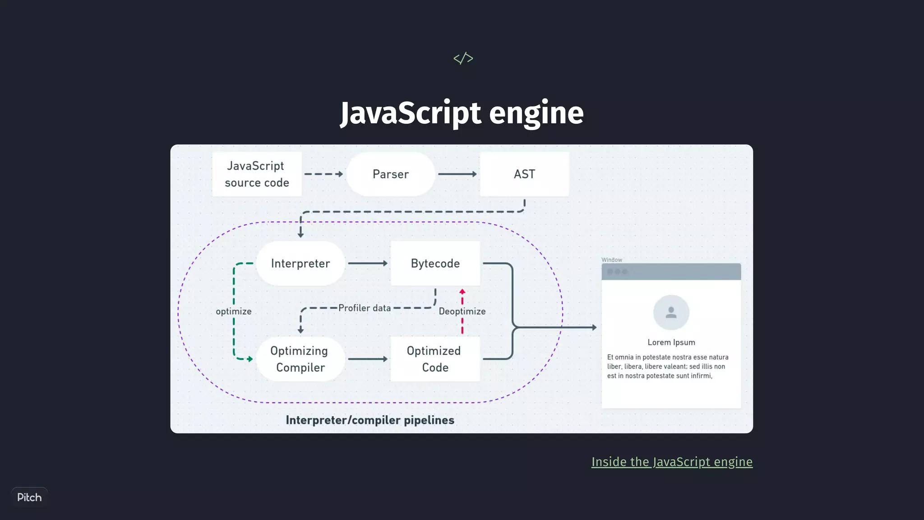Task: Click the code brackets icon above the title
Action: (463, 58)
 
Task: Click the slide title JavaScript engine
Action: (462, 113)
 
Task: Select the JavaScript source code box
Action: (257, 174)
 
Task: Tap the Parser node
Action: (390, 174)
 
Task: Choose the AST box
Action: (524, 174)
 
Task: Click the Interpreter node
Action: (300, 263)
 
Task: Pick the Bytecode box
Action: (435, 263)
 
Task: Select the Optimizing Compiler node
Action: (300, 359)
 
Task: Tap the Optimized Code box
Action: (434, 359)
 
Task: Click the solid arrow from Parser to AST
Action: (457, 174)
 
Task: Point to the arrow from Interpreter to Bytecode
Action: (367, 263)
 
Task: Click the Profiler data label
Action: (365, 308)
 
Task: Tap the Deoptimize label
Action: (462, 311)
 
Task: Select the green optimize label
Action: (233, 311)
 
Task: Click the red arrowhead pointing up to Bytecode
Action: (462, 292)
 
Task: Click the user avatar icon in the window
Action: (671, 312)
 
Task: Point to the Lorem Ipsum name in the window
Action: (671, 342)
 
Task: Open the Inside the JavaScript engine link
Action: (672, 462)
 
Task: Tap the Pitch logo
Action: (29, 497)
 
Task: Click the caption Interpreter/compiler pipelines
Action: (370, 420)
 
